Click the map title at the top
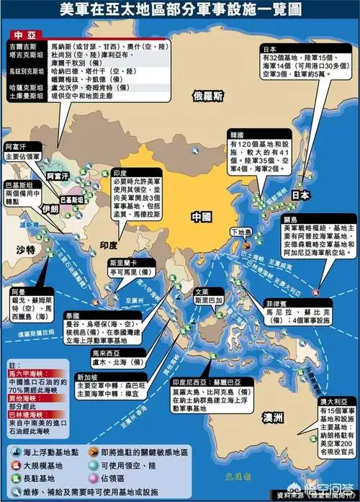[180, 12]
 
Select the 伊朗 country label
[50, 208]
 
